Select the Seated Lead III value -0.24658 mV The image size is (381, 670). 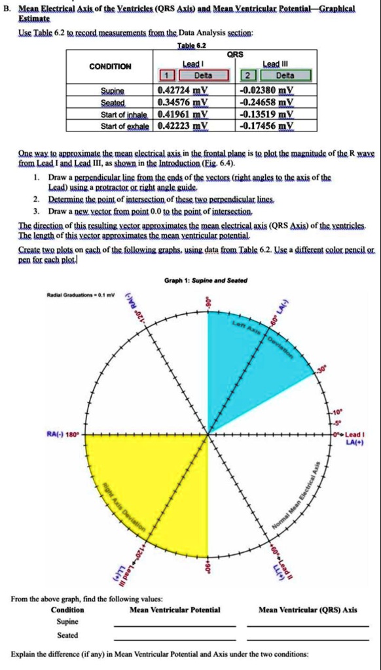267,101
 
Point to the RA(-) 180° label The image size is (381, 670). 63,433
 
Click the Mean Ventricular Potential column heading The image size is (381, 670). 175,609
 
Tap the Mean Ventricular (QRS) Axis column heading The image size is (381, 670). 308,609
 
